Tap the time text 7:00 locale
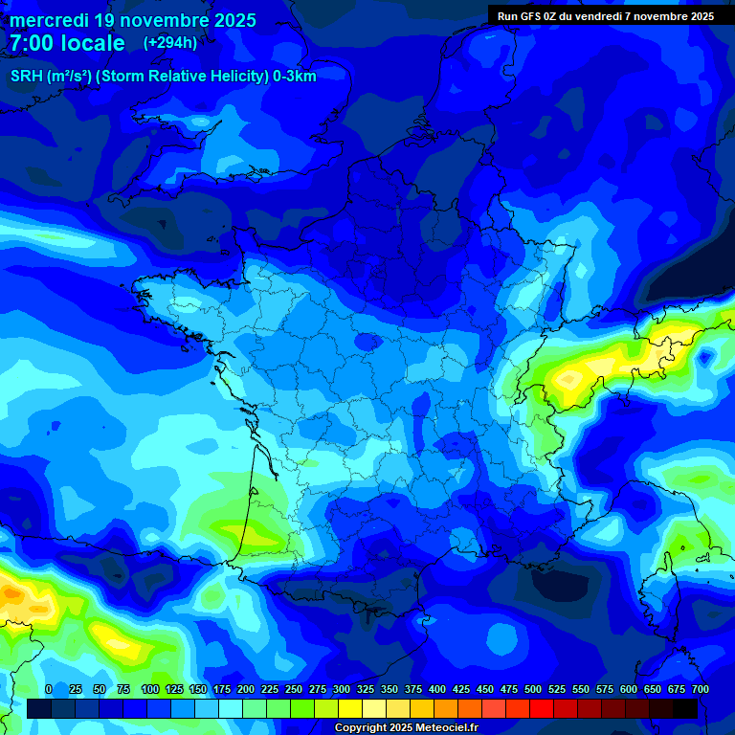[x=67, y=43]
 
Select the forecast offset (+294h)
[x=170, y=43]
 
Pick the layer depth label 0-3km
[x=295, y=77]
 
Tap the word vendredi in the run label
[x=603, y=16]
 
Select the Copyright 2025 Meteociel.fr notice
[x=406, y=728]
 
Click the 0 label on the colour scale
[x=49, y=689]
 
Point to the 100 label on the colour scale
[x=150, y=689]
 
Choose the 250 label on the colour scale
[x=294, y=689]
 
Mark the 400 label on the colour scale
[x=437, y=689]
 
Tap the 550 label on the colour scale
[x=581, y=689]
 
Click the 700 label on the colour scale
[x=701, y=689]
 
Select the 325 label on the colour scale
[x=366, y=689]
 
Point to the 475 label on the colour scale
[x=509, y=689]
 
